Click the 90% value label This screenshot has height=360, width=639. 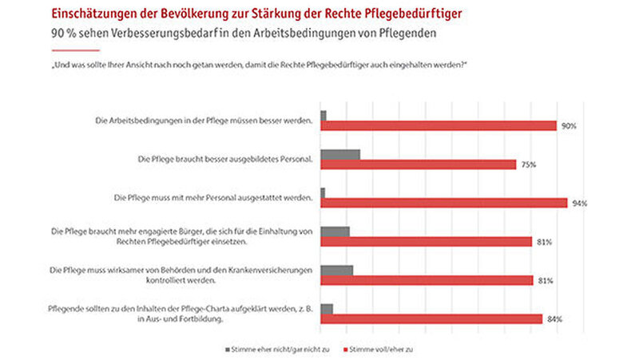point(568,126)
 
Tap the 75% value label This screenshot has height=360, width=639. point(528,164)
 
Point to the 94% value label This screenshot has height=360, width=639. point(579,203)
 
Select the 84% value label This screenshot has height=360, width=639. point(554,319)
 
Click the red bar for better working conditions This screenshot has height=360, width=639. point(439,125)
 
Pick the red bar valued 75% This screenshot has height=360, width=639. point(419,164)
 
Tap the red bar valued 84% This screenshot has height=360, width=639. point(431,318)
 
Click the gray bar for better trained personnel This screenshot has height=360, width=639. point(340,153)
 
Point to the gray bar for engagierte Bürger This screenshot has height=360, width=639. point(335,231)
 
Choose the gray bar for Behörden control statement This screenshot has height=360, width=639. point(336,270)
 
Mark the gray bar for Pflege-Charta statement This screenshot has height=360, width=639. point(327,308)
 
